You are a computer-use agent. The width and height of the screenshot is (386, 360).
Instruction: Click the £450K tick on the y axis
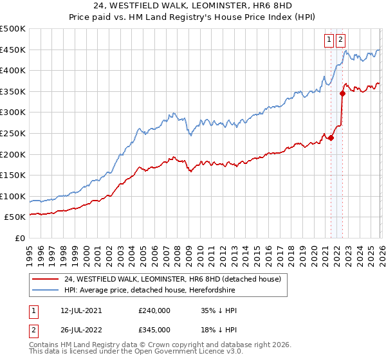click(13, 50)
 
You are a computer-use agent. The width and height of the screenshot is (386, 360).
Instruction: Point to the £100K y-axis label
click(13, 196)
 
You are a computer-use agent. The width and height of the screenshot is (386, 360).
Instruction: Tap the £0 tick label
click(20, 238)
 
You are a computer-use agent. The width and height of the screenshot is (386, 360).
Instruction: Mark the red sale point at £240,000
click(331, 138)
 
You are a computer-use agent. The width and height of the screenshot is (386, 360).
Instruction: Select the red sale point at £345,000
click(343, 93)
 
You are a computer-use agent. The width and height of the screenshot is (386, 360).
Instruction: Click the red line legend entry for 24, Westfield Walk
click(172, 279)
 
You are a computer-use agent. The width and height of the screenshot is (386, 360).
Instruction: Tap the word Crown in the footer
click(161, 346)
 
